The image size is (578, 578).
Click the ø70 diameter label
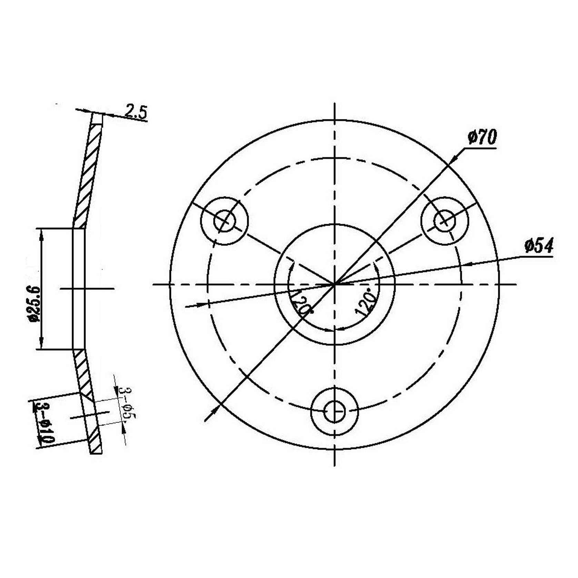point(482,138)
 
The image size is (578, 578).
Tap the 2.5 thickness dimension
point(136,112)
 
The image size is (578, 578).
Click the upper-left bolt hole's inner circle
point(225,221)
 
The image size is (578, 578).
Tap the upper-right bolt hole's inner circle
point(445,221)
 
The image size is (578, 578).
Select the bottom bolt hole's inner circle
point(335,411)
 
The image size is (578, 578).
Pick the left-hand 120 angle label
point(301,302)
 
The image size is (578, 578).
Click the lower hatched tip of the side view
point(95,445)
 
